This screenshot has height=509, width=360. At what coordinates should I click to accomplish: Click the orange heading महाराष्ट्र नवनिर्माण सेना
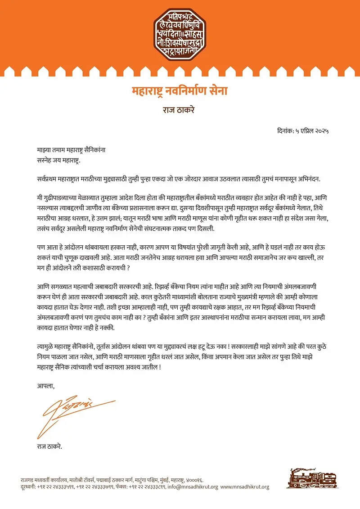(x=180, y=92)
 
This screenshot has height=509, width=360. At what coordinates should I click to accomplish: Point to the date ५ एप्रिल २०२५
(x=313, y=131)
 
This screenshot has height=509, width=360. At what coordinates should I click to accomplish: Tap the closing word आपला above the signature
(x=45, y=385)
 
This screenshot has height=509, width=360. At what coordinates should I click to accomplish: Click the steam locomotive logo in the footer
(x=312, y=478)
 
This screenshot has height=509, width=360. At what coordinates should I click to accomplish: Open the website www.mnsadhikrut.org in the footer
(x=246, y=487)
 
